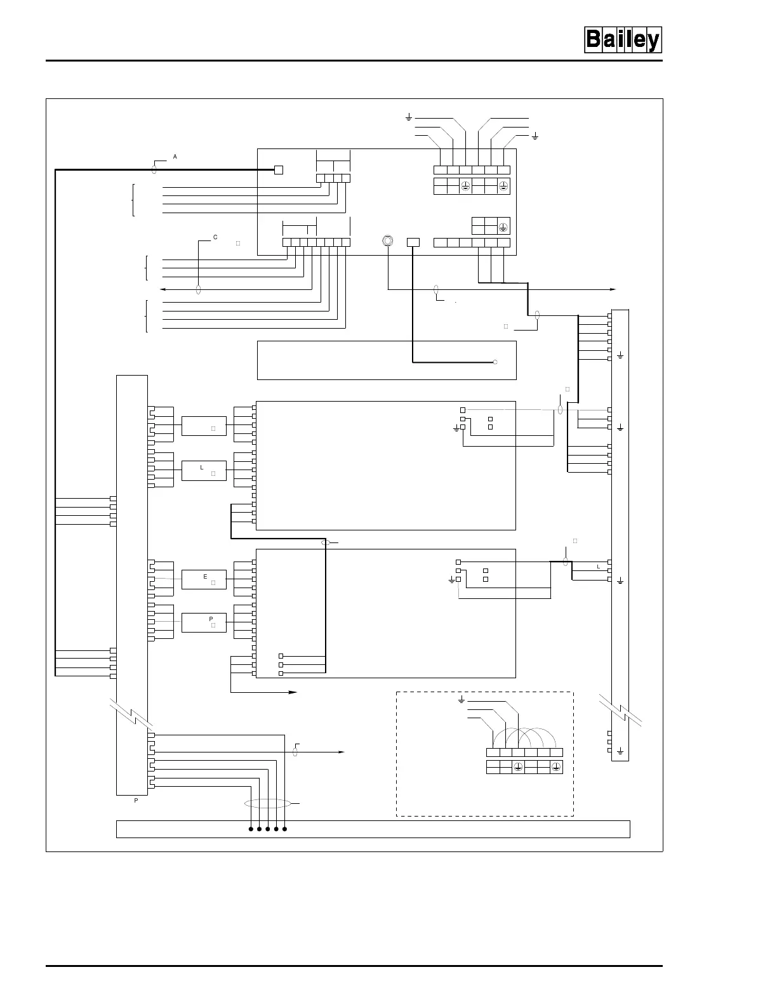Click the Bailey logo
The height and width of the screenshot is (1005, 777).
click(x=622, y=40)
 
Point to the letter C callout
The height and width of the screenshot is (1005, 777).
click(x=215, y=237)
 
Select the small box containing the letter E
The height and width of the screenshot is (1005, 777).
click(x=204, y=579)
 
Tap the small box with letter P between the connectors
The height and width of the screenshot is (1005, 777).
click(x=204, y=622)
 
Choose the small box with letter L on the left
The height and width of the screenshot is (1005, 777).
click(x=204, y=470)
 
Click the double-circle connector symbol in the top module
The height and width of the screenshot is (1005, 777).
click(x=387, y=241)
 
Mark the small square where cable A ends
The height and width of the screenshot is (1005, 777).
click(x=278, y=169)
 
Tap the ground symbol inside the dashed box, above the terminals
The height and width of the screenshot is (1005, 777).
click(x=462, y=700)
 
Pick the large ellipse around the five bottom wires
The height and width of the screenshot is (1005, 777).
click(x=267, y=804)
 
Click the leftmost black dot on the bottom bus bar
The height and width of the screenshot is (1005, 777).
click(x=251, y=829)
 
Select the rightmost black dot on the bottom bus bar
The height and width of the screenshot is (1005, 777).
click(x=284, y=829)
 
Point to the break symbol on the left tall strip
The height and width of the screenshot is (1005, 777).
click(x=132, y=714)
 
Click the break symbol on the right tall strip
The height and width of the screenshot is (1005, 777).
click(x=620, y=710)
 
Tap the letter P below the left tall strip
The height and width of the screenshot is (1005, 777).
click(x=136, y=801)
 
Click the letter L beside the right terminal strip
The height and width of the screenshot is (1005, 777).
click(x=598, y=566)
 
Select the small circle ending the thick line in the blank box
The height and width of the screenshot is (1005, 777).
click(x=495, y=362)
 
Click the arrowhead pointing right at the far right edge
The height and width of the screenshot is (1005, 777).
click(x=613, y=289)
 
